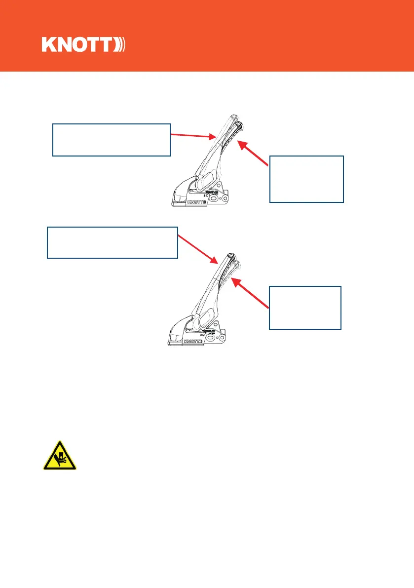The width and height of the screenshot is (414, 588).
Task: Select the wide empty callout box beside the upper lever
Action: [112, 140]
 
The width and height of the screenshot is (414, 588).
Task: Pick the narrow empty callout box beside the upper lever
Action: [306, 179]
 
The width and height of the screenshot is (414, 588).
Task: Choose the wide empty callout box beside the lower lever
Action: [112, 242]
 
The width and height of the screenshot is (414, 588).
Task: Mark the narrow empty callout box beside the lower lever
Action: [304, 307]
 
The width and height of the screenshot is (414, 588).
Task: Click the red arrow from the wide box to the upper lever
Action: [192, 135]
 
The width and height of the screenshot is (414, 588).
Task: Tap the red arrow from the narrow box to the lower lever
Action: [250, 294]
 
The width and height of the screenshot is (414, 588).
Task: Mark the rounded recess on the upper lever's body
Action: [207, 179]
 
